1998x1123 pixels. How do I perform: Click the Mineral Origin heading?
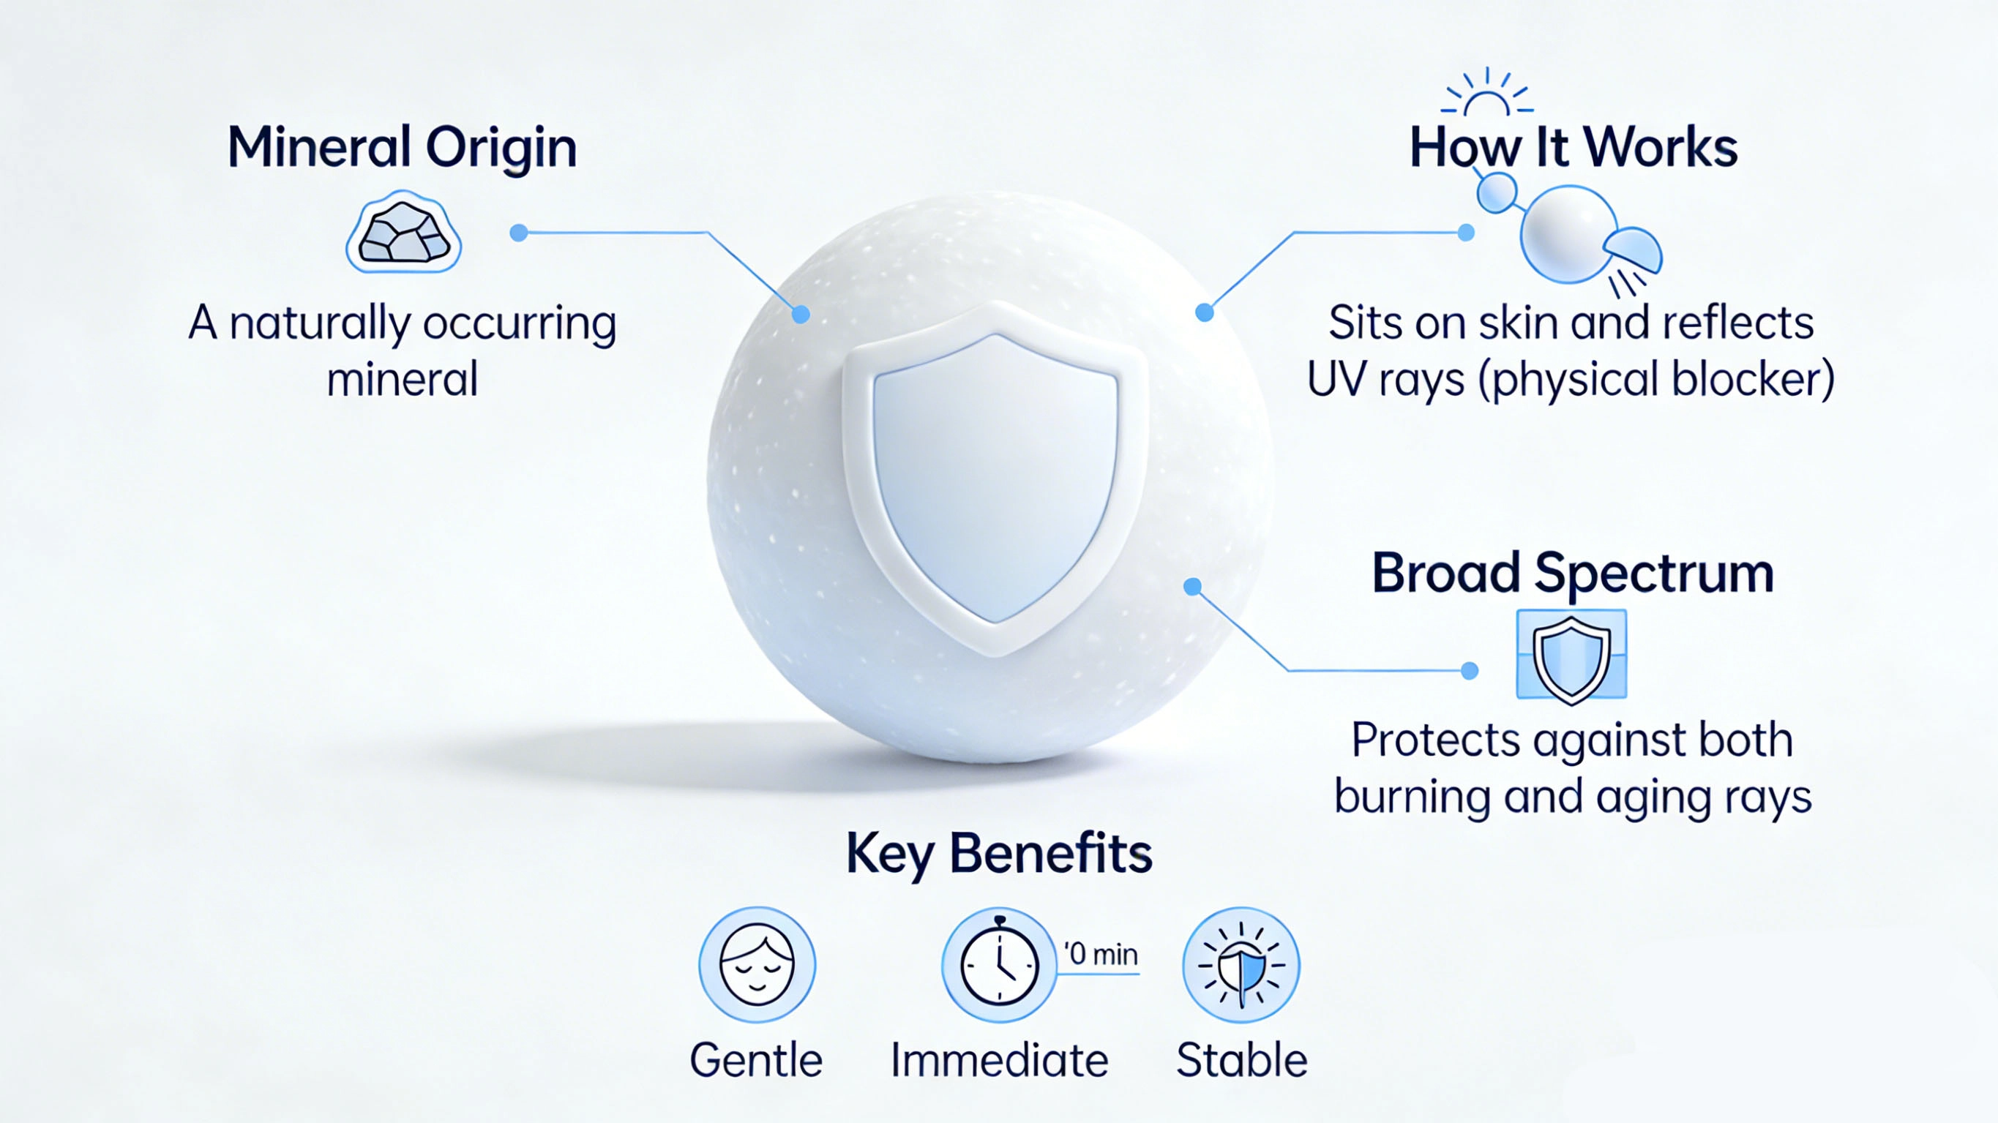click(x=402, y=146)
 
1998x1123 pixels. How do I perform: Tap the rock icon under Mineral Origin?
click(x=403, y=233)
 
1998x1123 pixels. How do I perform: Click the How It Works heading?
click(x=1573, y=146)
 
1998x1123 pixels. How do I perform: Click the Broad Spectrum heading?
click(x=1572, y=573)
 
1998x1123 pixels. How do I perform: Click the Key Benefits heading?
click(x=999, y=853)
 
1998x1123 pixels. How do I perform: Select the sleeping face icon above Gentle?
click(x=757, y=965)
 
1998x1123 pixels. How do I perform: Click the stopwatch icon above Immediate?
click(x=999, y=965)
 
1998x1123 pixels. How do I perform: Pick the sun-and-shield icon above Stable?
click(x=1241, y=965)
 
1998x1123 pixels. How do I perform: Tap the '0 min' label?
click(x=1101, y=954)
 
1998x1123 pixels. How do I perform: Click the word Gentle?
click(x=756, y=1060)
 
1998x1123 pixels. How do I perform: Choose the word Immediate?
click(x=999, y=1060)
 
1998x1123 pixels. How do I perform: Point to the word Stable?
click(x=1242, y=1060)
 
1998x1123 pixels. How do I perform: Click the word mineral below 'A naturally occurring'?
click(x=402, y=379)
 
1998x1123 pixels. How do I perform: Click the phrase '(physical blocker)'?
click(x=1656, y=379)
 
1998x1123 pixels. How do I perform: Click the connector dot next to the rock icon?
click(x=519, y=233)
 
